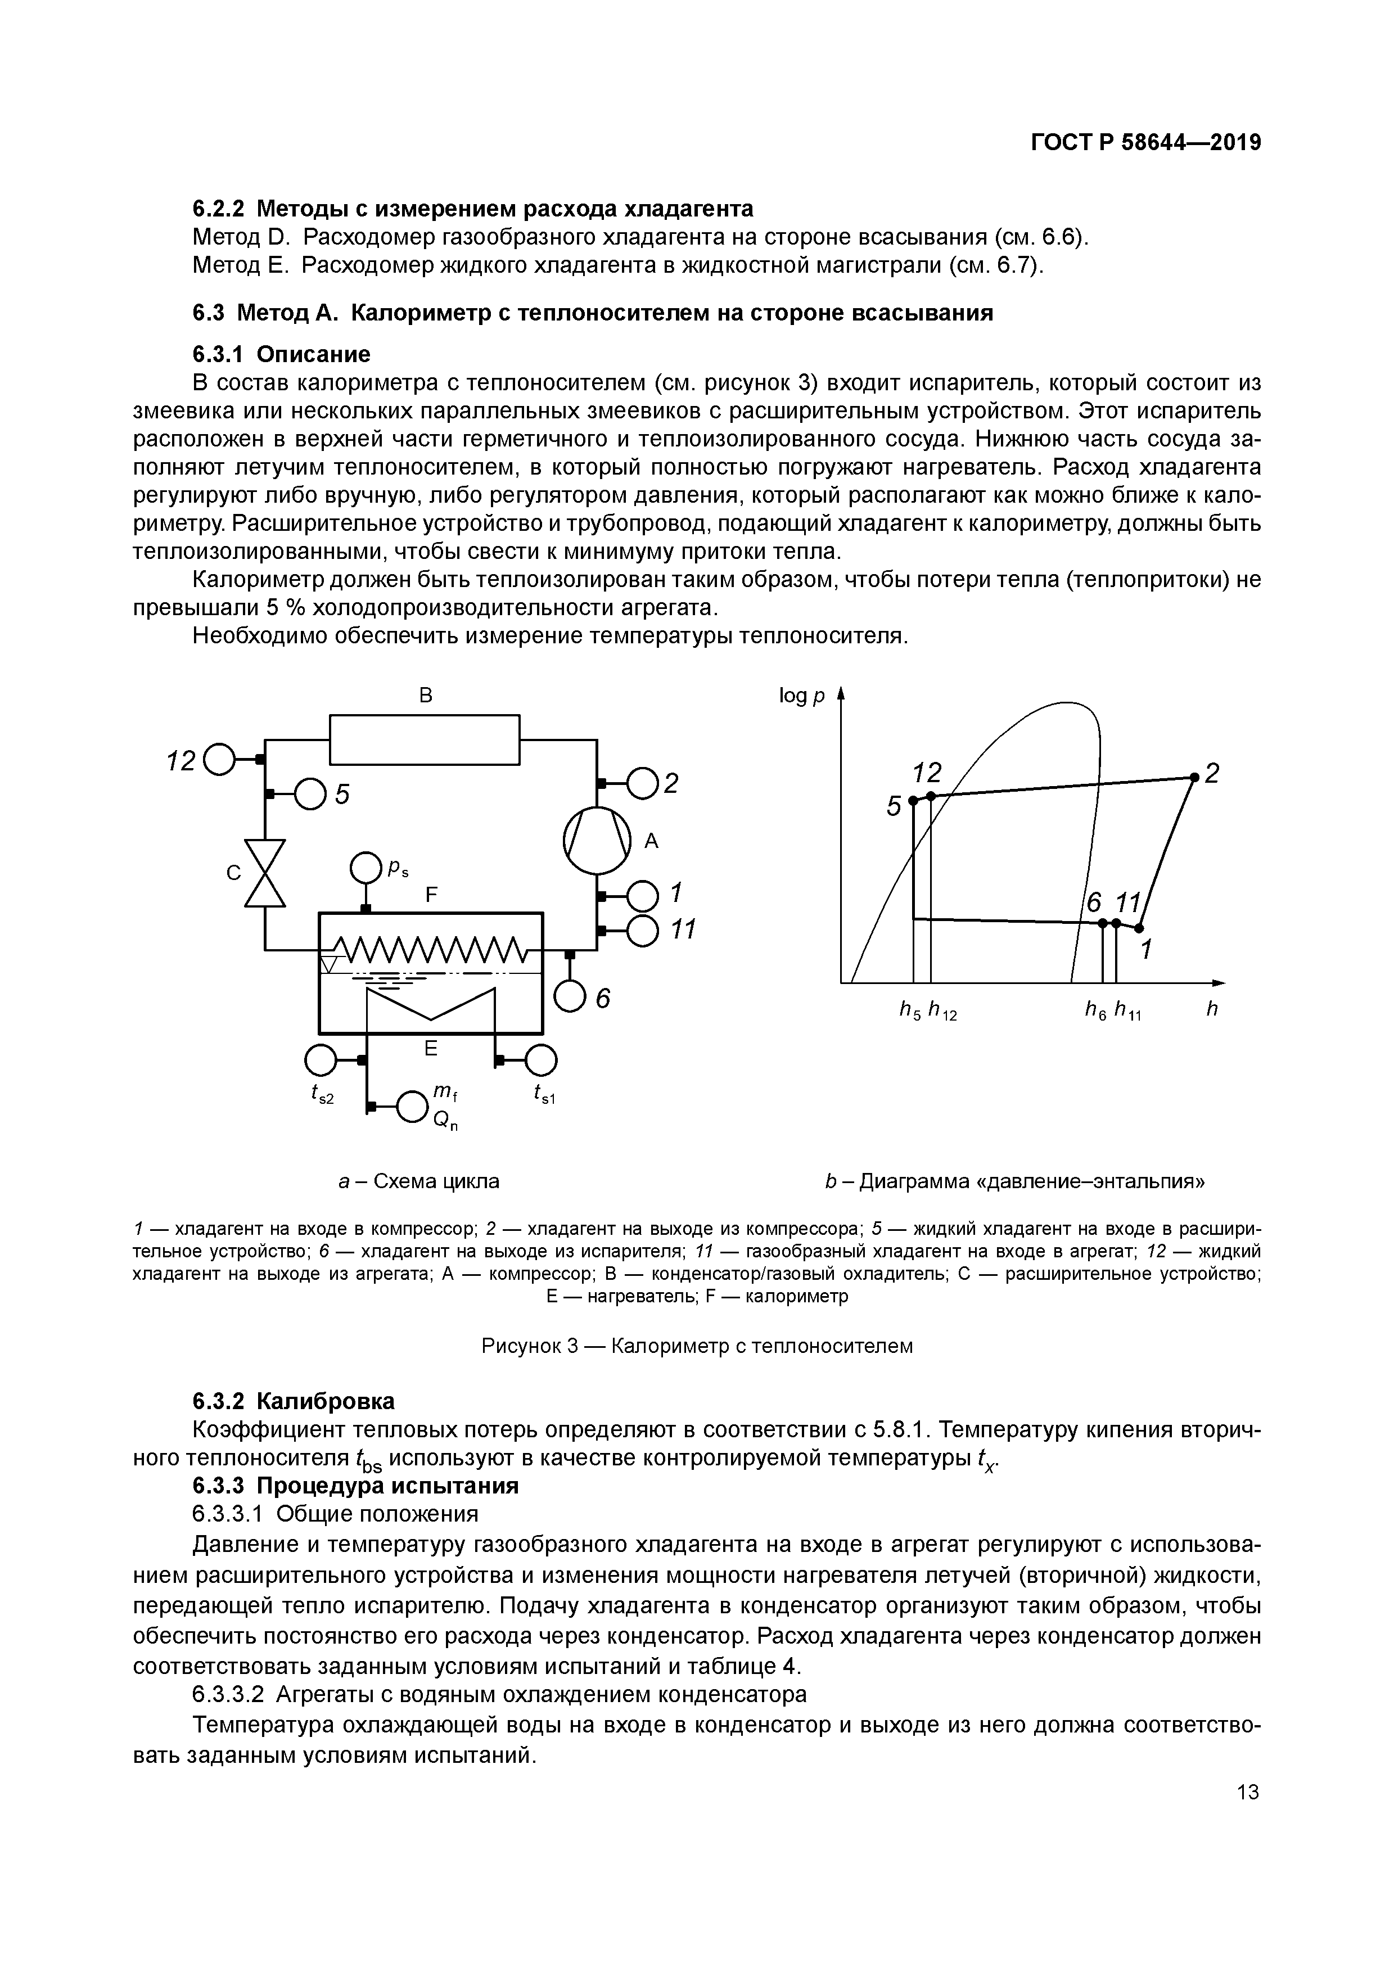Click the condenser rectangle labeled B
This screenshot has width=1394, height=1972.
(x=425, y=739)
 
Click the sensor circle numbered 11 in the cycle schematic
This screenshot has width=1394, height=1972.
(x=643, y=929)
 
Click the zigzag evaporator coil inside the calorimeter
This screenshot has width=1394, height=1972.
(x=430, y=950)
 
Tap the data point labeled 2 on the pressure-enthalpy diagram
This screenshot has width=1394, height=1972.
(x=1194, y=777)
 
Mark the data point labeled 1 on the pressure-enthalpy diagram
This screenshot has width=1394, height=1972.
(x=1139, y=928)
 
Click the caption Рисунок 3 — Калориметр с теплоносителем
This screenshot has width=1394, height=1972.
(x=697, y=1346)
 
